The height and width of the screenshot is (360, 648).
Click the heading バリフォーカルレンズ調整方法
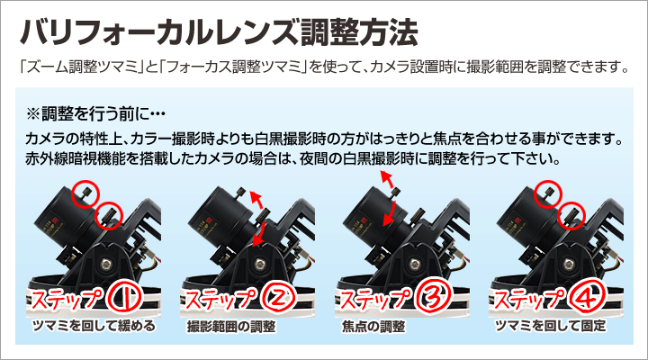(x=218, y=32)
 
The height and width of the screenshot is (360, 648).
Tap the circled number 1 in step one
(x=124, y=299)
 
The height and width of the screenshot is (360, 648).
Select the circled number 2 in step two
(x=278, y=299)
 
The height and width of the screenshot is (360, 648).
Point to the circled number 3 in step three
(x=432, y=299)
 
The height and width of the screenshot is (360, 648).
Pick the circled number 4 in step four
(x=587, y=299)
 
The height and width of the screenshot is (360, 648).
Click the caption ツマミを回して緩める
(x=94, y=326)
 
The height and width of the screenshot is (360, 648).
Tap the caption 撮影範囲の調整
(x=231, y=327)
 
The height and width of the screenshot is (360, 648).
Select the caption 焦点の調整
(x=373, y=327)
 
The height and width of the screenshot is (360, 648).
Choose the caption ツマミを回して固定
(x=550, y=326)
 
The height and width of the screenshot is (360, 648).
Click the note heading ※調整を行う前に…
(x=95, y=113)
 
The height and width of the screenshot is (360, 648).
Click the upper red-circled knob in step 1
(x=86, y=193)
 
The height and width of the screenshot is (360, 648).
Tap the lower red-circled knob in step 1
(x=109, y=215)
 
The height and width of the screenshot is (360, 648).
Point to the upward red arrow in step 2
(x=256, y=201)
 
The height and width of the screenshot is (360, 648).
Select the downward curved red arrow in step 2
(x=259, y=234)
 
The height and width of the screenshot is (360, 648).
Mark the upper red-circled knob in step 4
(x=548, y=193)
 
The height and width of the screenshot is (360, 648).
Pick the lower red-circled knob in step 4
(x=571, y=215)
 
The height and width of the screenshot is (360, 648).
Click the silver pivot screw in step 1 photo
(x=106, y=264)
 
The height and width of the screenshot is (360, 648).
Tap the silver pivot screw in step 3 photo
(x=415, y=264)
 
